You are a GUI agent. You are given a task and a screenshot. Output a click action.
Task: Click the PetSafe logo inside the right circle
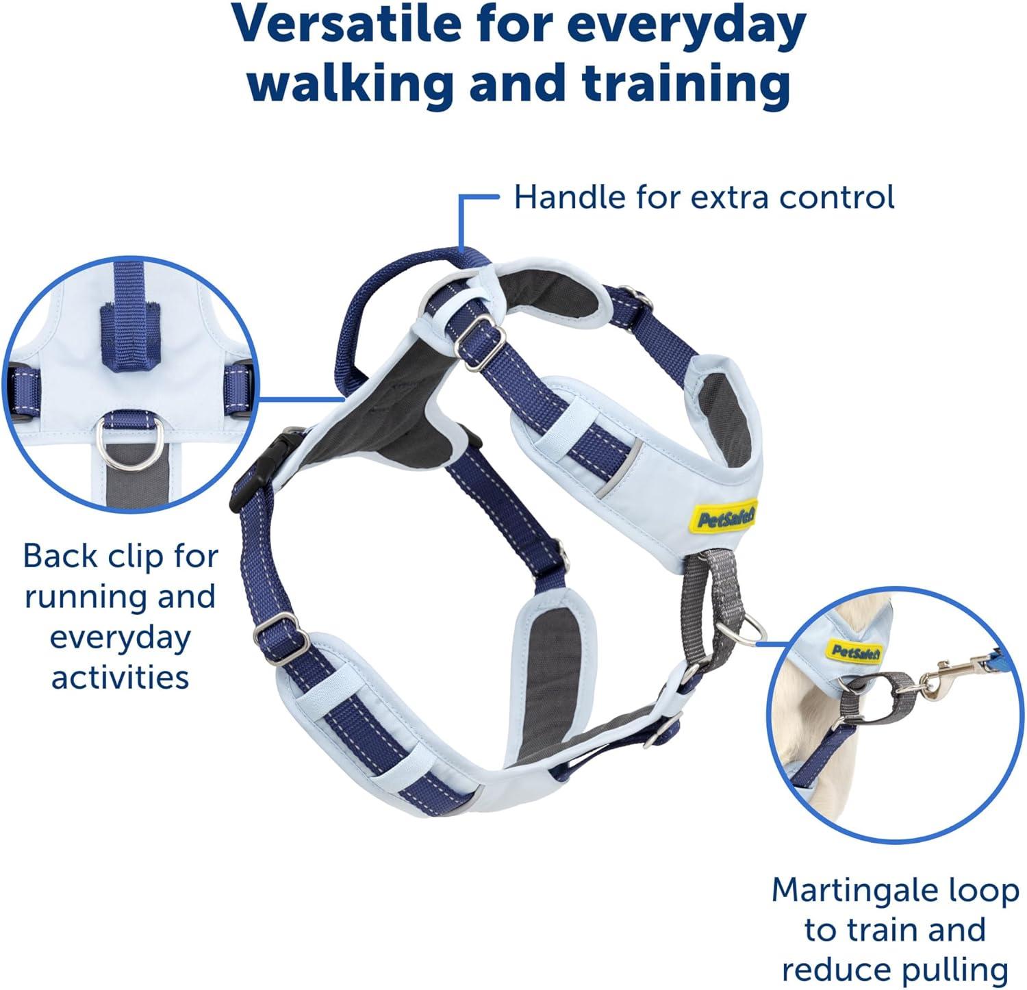point(855,651)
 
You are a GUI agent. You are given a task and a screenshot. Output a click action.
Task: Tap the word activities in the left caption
point(121,676)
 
